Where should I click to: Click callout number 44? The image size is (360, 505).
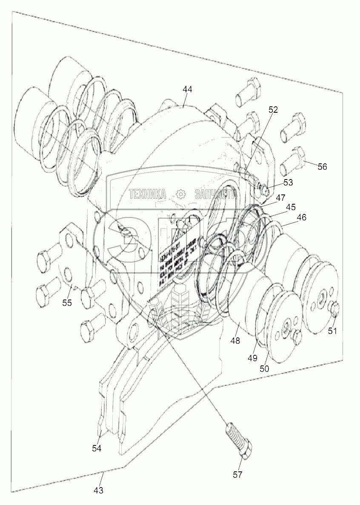[187, 89]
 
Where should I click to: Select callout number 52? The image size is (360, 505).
[273, 109]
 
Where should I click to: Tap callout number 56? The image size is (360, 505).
[322, 166]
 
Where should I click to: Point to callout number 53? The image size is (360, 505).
[288, 183]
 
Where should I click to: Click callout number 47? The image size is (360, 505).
[280, 197]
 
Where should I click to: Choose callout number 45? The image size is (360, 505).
[291, 207]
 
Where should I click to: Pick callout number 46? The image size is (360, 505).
[301, 217]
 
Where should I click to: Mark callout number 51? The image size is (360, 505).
[332, 330]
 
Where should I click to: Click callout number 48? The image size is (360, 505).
[235, 340]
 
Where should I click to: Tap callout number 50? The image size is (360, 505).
[264, 368]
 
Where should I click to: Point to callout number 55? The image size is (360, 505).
[67, 302]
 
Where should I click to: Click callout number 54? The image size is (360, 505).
[97, 448]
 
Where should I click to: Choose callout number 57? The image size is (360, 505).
[237, 474]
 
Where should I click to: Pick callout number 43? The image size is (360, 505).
[98, 490]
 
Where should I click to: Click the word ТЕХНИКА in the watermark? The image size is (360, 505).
[148, 194]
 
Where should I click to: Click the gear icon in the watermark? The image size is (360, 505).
[180, 194]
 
